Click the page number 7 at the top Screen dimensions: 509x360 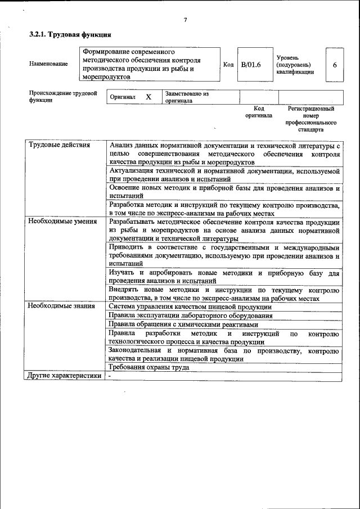pos(185,21)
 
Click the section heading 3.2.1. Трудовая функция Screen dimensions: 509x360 pos(66,35)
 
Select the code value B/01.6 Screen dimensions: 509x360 pos(251,65)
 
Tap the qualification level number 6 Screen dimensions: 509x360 pos(335,65)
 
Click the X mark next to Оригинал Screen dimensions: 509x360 pos(148,97)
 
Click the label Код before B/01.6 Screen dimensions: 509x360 pos(228,65)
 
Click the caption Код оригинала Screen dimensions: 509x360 pos(259,111)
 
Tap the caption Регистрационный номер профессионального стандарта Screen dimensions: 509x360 pos(311,118)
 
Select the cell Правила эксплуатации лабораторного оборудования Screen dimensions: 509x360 pos(191,316)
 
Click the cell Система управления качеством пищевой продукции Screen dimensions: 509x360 pos(190,307)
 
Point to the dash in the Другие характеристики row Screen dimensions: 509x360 pos(110,376)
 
